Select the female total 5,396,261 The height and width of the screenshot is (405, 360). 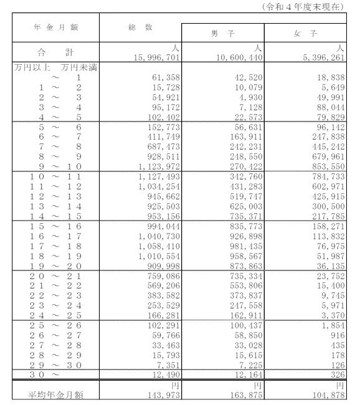pyautogui.click(x=322, y=57)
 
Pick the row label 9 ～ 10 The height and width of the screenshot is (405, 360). pyautogui.click(x=58, y=166)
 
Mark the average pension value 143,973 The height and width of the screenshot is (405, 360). pyautogui.click(x=161, y=394)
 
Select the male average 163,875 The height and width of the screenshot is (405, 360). pyautogui.click(x=244, y=394)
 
